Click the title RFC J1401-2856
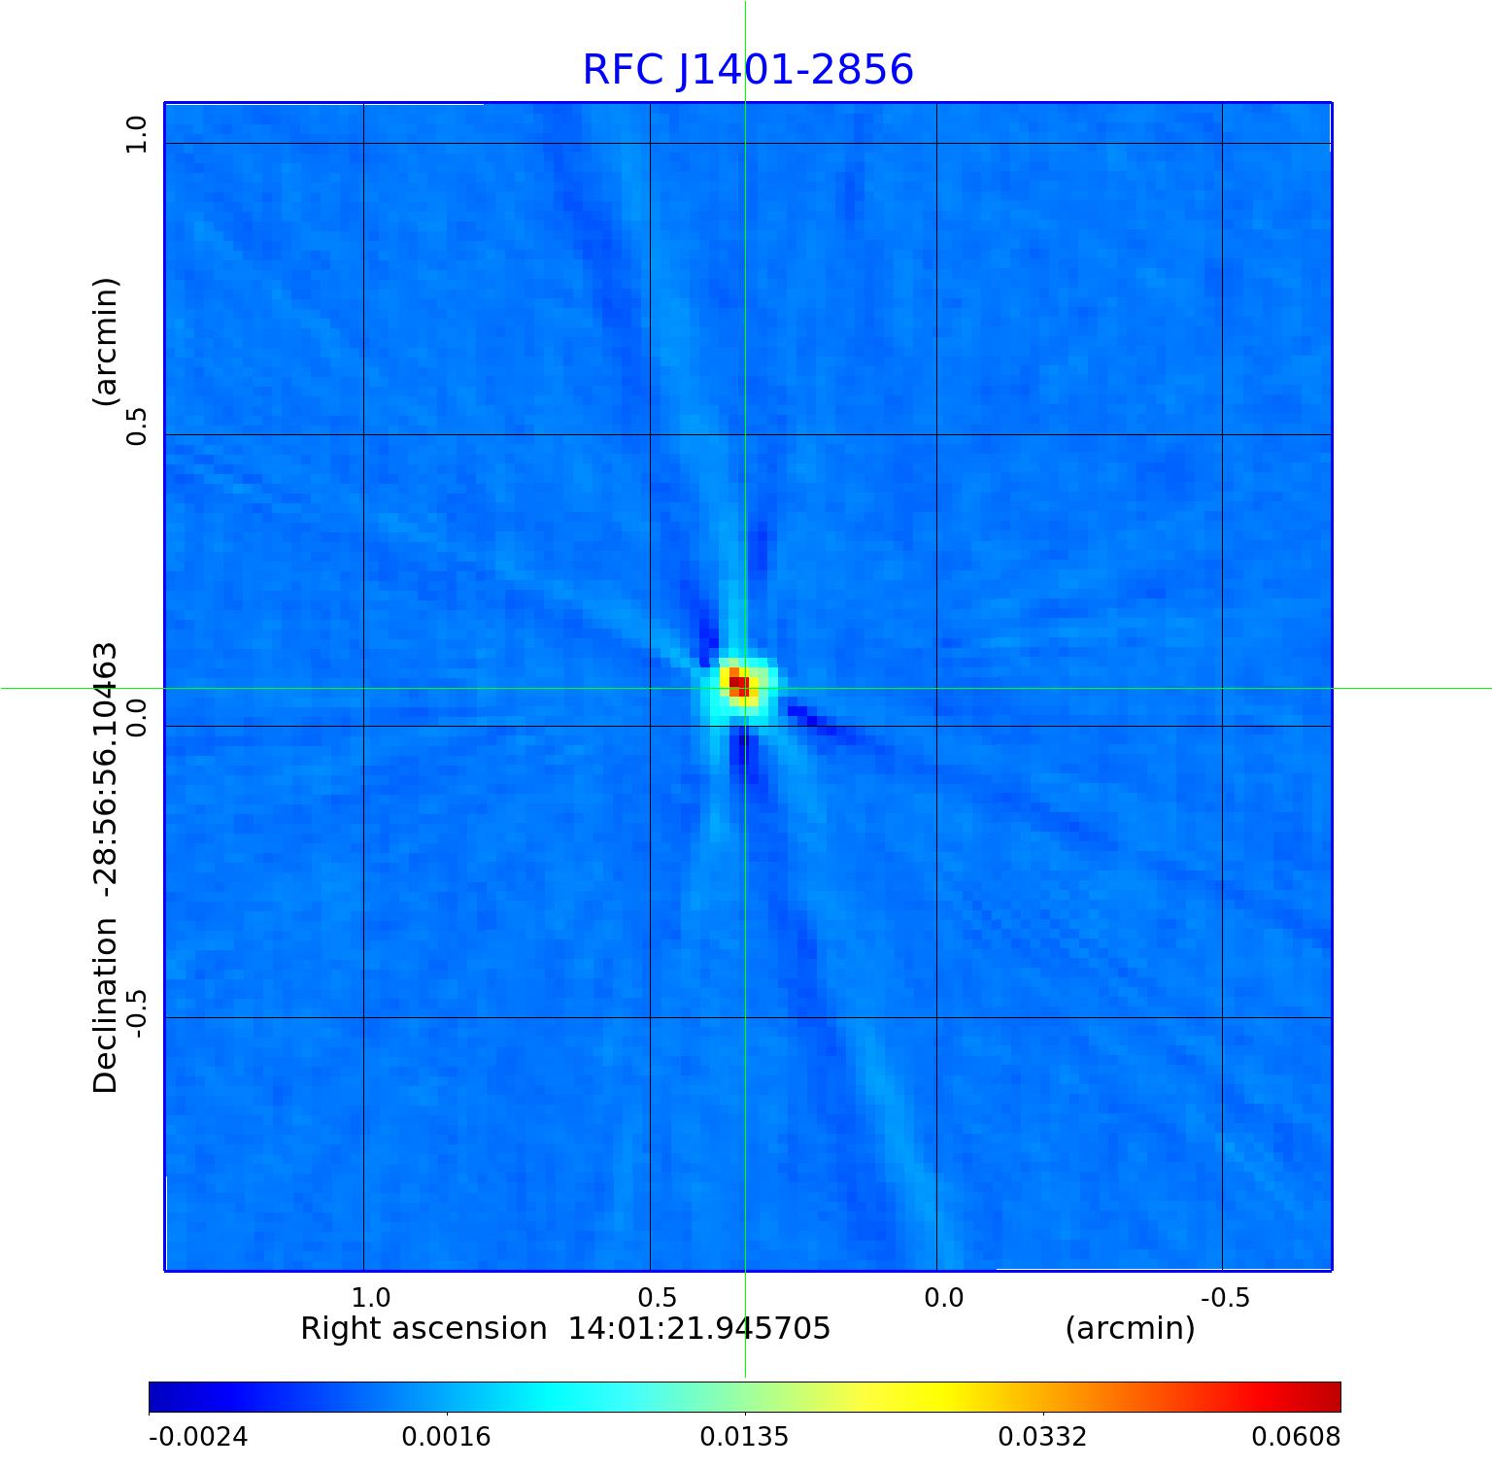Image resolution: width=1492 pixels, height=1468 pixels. click(748, 70)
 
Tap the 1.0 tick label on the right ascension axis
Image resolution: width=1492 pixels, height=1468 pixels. click(370, 1298)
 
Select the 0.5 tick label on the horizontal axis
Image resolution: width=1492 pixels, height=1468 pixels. click(657, 1298)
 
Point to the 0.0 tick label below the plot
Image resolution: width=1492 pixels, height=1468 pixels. click(943, 1298)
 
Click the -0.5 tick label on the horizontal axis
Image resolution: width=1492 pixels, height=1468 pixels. click(1225, 1298)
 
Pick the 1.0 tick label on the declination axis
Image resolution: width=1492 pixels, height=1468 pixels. click(135, 134)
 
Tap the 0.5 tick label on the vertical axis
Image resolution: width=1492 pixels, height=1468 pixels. click(135, 426)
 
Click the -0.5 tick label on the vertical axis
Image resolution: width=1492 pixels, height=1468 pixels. click(135, 1013)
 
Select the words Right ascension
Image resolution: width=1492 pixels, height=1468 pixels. click(424, 1329)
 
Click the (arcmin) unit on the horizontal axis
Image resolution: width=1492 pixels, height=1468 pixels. click(1130, 1329)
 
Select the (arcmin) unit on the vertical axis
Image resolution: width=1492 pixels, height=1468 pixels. click(105, 341)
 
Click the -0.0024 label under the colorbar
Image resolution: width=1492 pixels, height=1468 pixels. click(198, 1437)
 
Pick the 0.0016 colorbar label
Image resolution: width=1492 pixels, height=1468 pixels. click(447, 1437)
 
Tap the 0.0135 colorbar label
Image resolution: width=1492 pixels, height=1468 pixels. click(745, 1437)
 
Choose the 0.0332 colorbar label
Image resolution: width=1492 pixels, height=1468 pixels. click(1043, 1437)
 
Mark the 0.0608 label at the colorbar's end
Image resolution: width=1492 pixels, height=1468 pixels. click(1296, 1437)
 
